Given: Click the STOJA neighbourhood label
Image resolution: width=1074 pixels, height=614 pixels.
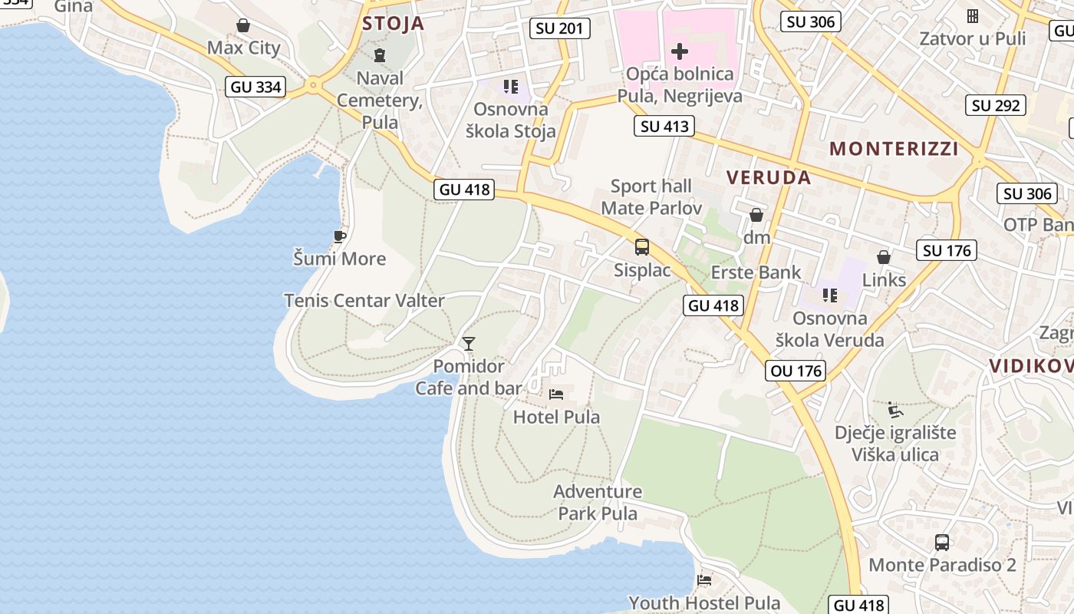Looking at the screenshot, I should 393,23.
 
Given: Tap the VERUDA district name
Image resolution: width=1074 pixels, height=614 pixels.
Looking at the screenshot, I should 768,177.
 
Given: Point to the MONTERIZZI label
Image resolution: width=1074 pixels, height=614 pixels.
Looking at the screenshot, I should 894,149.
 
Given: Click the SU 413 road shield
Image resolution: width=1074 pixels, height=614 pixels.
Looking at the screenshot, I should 664,126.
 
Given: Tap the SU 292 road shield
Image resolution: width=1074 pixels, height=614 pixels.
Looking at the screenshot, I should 996,105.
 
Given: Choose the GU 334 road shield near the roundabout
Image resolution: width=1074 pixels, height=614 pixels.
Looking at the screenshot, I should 256,87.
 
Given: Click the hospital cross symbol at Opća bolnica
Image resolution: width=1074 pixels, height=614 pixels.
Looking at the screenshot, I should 680,51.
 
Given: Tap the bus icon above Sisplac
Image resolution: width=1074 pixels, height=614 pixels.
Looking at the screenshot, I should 642,247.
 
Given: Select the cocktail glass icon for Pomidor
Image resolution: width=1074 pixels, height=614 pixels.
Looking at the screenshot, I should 469,343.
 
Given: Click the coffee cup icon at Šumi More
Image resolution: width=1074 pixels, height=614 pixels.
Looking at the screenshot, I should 339,236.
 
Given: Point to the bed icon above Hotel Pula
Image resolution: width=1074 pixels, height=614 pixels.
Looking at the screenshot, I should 556,394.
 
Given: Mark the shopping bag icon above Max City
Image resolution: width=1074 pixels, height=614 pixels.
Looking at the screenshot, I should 243,25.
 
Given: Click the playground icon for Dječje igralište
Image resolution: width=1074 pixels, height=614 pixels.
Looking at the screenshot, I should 894,409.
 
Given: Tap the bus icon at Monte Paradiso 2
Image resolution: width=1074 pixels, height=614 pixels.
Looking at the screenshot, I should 941,542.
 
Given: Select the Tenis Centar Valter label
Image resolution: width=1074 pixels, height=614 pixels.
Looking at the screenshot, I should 364,300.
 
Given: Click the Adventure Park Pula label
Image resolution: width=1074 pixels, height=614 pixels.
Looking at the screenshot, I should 598,502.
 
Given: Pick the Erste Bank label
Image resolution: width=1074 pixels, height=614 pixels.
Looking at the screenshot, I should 756,272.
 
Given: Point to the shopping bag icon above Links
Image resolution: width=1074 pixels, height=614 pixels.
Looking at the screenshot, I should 884,256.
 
